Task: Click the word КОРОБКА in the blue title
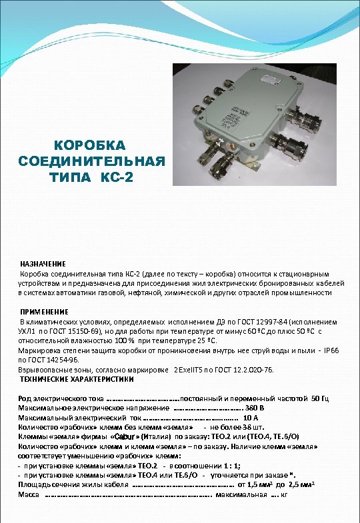[91, 146]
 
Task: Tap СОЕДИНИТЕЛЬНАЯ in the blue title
[91, 162]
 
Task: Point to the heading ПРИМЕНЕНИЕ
[45, 312]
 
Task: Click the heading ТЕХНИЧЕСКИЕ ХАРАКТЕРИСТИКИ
[77, 379]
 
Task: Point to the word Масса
[28, 495]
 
